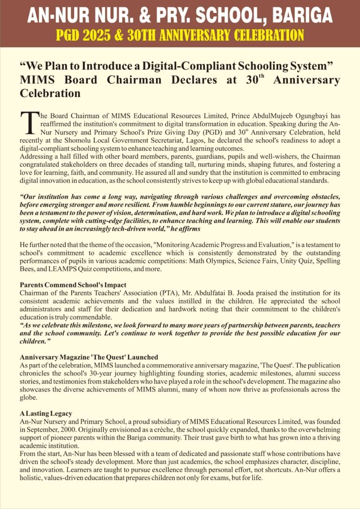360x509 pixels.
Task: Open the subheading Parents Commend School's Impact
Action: coord(73,285)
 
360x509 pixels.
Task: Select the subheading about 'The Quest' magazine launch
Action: coord(89,357)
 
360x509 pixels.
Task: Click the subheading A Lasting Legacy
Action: coord(46,413)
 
